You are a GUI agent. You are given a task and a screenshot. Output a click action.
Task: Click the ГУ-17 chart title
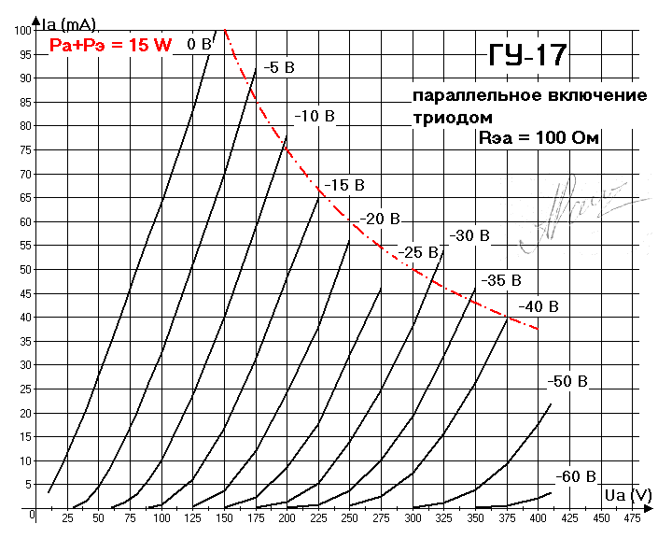527,55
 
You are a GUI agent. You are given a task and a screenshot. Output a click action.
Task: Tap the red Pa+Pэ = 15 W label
110,45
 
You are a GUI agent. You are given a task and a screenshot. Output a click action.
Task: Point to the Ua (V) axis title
627,494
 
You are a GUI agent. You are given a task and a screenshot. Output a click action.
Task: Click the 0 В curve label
199,43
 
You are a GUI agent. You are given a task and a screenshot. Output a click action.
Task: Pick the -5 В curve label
278,67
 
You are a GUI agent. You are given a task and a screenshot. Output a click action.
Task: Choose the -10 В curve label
315,116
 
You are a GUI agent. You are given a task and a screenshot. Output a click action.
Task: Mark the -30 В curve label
469,235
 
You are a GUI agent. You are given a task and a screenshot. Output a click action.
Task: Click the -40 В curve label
539,306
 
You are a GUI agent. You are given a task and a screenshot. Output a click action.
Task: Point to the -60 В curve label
575,476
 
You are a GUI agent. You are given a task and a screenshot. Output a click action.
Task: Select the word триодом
452,118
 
